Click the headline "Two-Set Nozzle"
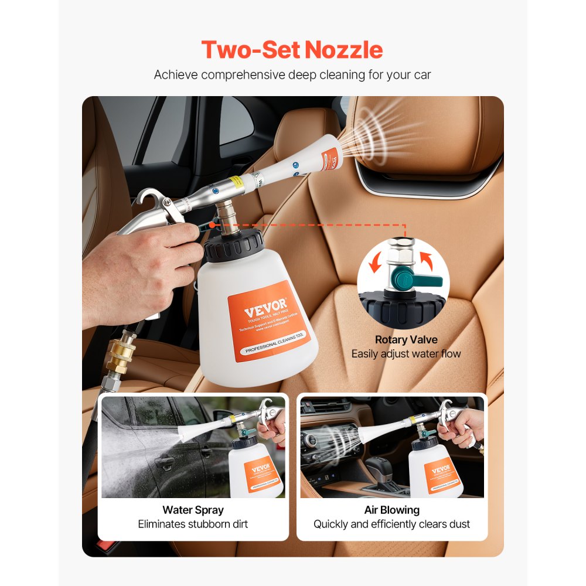click(292, 50)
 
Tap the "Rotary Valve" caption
click(406, 339)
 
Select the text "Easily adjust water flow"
click(406, 353)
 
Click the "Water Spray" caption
click(193, 510)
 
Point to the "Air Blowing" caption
click(391, 510)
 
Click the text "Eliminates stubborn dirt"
click(193, 524)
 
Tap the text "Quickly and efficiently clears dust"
click(391, 524)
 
